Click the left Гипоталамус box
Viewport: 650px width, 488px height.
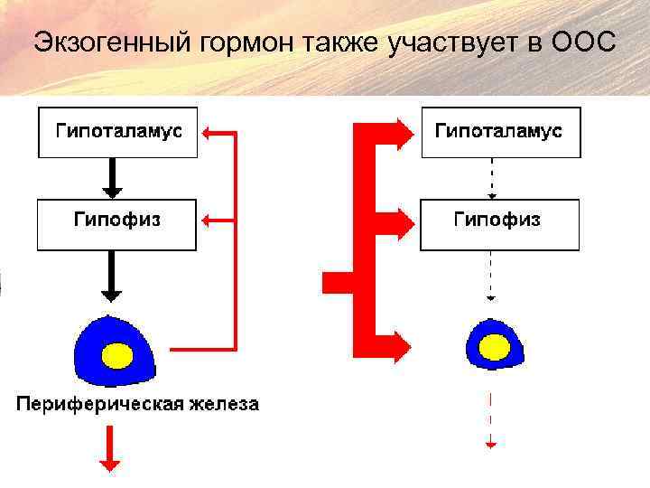(117, 132)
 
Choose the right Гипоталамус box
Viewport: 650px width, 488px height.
(501, 132)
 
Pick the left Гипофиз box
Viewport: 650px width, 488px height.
(116, 225)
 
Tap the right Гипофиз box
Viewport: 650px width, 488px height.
(499, 225)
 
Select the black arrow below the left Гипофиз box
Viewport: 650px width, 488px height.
(112, 277)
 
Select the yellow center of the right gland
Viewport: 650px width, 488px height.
(494, 346)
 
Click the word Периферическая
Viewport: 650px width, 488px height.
(99, 403)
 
